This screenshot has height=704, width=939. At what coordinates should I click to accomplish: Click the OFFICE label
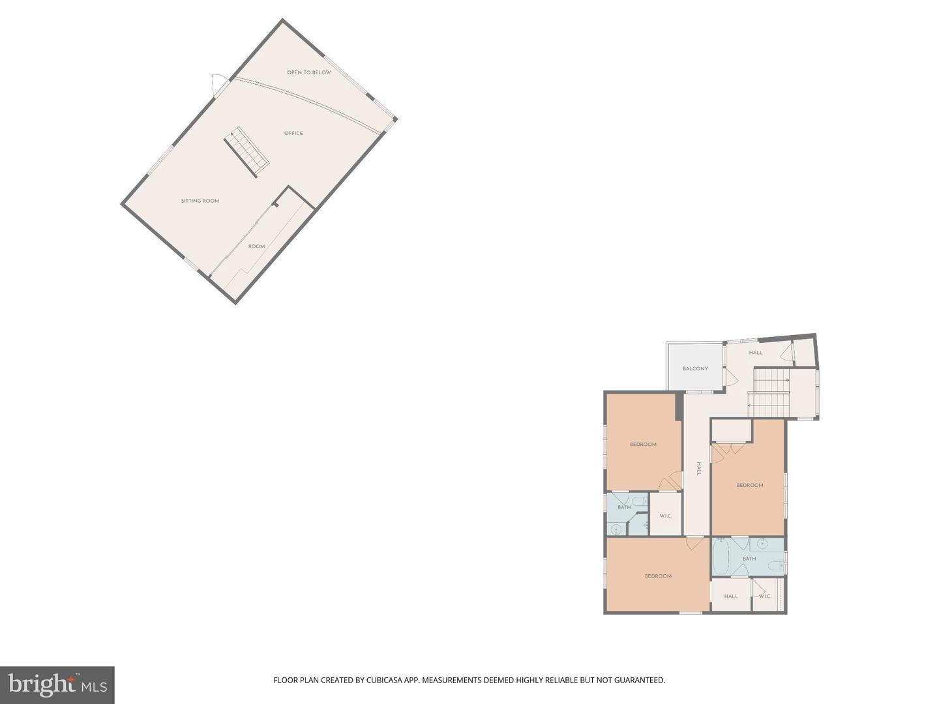tap(293, 133)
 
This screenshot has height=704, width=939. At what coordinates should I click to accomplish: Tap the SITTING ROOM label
tap(200, 201)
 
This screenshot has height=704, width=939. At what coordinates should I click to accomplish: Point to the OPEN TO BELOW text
tap(309, 72)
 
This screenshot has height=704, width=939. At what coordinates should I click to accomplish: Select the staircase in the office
tap(247, 151)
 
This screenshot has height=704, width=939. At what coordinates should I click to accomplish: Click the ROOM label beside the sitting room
tap(256, 246)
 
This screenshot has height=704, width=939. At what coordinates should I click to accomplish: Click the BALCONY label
tap(695, 368)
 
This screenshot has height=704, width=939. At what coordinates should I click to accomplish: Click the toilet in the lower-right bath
tap(775, 565)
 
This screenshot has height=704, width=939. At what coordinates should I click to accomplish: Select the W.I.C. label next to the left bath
tap(665, 516)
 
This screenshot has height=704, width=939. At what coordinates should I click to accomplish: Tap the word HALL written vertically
tap(698, 468)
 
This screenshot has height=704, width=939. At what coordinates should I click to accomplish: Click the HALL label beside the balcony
tap(756, 353)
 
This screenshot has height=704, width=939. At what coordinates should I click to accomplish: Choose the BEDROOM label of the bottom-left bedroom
tap(658, 576)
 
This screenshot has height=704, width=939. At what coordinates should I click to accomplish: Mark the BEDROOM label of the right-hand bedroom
tap(749, 485)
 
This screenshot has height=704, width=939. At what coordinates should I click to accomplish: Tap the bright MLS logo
tap(57, 684)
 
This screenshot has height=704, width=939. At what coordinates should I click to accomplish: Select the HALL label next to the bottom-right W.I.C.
tap(731, 596)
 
